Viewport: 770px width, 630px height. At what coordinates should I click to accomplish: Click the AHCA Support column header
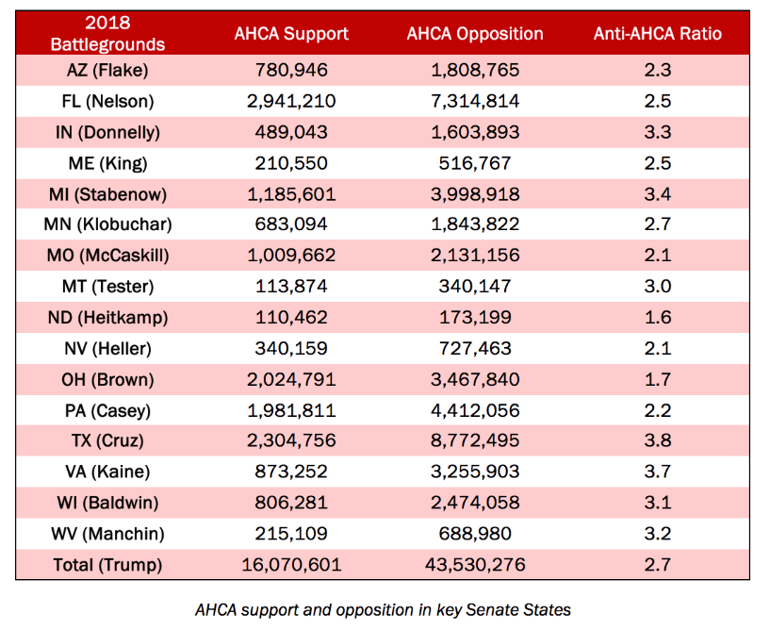[x=291, y=33]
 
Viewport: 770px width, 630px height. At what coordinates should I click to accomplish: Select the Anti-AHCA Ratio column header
[x=658, y=33]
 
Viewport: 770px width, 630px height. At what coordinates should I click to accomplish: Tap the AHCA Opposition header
[x=475, y=34]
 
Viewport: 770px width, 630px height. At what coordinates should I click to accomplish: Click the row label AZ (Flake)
[x=107, y=71]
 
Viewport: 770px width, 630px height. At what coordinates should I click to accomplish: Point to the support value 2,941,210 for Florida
[x=291, y=101]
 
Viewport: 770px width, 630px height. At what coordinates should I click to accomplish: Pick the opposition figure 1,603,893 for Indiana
[x=475, y=132]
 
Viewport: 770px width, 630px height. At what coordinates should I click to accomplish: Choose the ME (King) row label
[x=107, y=164]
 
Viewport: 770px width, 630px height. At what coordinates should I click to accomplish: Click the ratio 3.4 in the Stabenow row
[x=658, y=194]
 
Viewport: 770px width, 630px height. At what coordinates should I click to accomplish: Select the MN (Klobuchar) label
[x=107, y=224]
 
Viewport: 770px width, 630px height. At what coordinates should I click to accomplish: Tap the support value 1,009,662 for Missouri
[x=291, y=256]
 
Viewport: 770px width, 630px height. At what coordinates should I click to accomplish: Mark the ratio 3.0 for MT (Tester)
[x=658, y=286]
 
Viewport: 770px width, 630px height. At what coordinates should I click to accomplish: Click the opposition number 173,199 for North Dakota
[x=475, y=318]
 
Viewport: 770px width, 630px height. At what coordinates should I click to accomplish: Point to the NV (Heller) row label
[x=107, y=349]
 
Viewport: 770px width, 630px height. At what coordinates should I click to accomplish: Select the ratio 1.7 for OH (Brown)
[x=658, y=379]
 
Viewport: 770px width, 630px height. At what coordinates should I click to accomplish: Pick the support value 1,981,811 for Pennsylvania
[x=291, y=411]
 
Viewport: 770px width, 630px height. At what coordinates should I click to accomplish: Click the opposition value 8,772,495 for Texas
[x=475, y=440]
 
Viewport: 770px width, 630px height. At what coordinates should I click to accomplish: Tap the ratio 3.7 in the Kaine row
[x=658, y=472]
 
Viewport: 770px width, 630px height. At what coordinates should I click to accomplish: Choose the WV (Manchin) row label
[x=107, y=534]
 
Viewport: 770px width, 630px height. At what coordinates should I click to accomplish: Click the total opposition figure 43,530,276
[x=475, y=565]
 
